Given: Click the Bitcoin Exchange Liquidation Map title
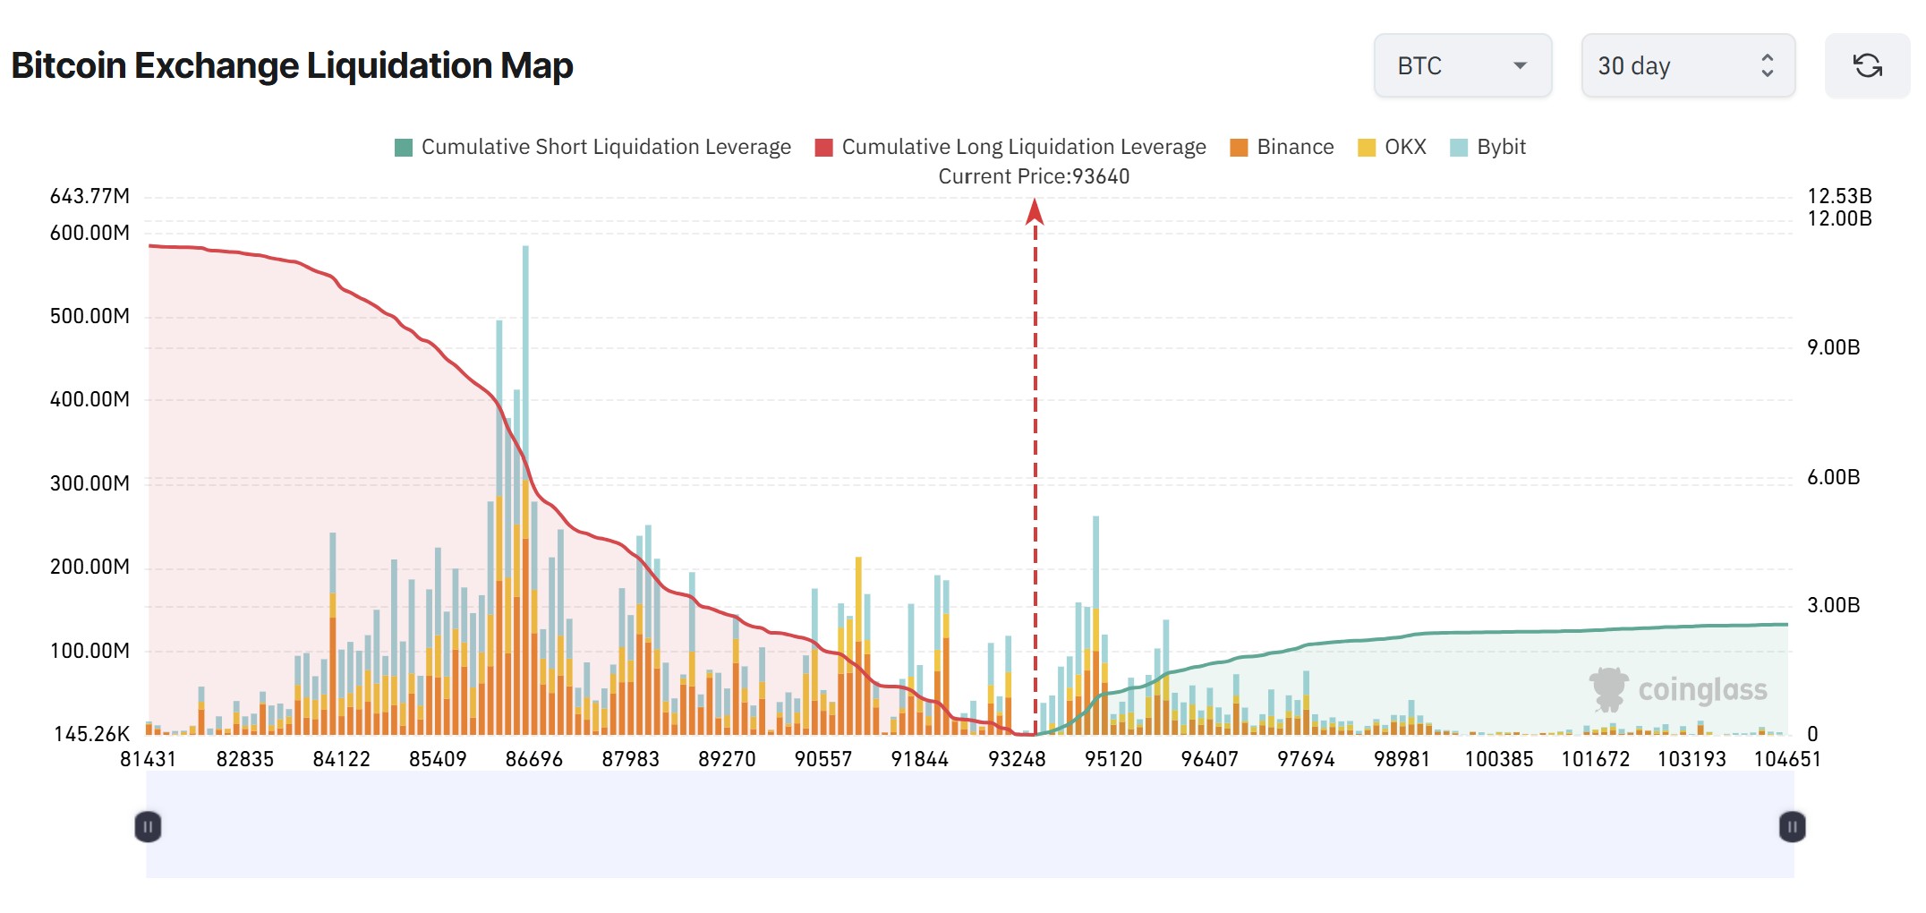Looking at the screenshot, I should [x=292, y=66].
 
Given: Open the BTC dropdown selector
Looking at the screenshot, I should [x=1462, y=66].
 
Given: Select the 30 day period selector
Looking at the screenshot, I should [x=1687, y=66].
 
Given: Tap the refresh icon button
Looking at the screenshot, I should [x=1867, y=66].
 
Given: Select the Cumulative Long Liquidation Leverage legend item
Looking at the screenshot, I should [x=1010, y=147].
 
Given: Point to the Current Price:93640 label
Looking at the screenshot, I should [x=1034, y=176].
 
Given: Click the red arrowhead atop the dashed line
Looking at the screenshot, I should [x=1035, y=211].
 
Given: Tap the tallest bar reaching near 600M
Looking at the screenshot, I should [x=525, y=358].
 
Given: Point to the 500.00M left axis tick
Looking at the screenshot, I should [x=89, y=316].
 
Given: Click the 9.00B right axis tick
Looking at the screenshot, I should [x=1833, y=347].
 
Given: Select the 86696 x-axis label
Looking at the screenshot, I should [x=534, y=759].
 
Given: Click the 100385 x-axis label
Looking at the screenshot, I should [x=1499, y=759].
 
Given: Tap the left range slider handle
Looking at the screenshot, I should [x=148, y=826].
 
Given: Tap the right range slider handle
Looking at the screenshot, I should [x=1792, y=826].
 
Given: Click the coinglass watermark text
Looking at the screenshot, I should [x=1702, y=690].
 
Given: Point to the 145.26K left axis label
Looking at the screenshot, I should [x=91, y=734].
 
